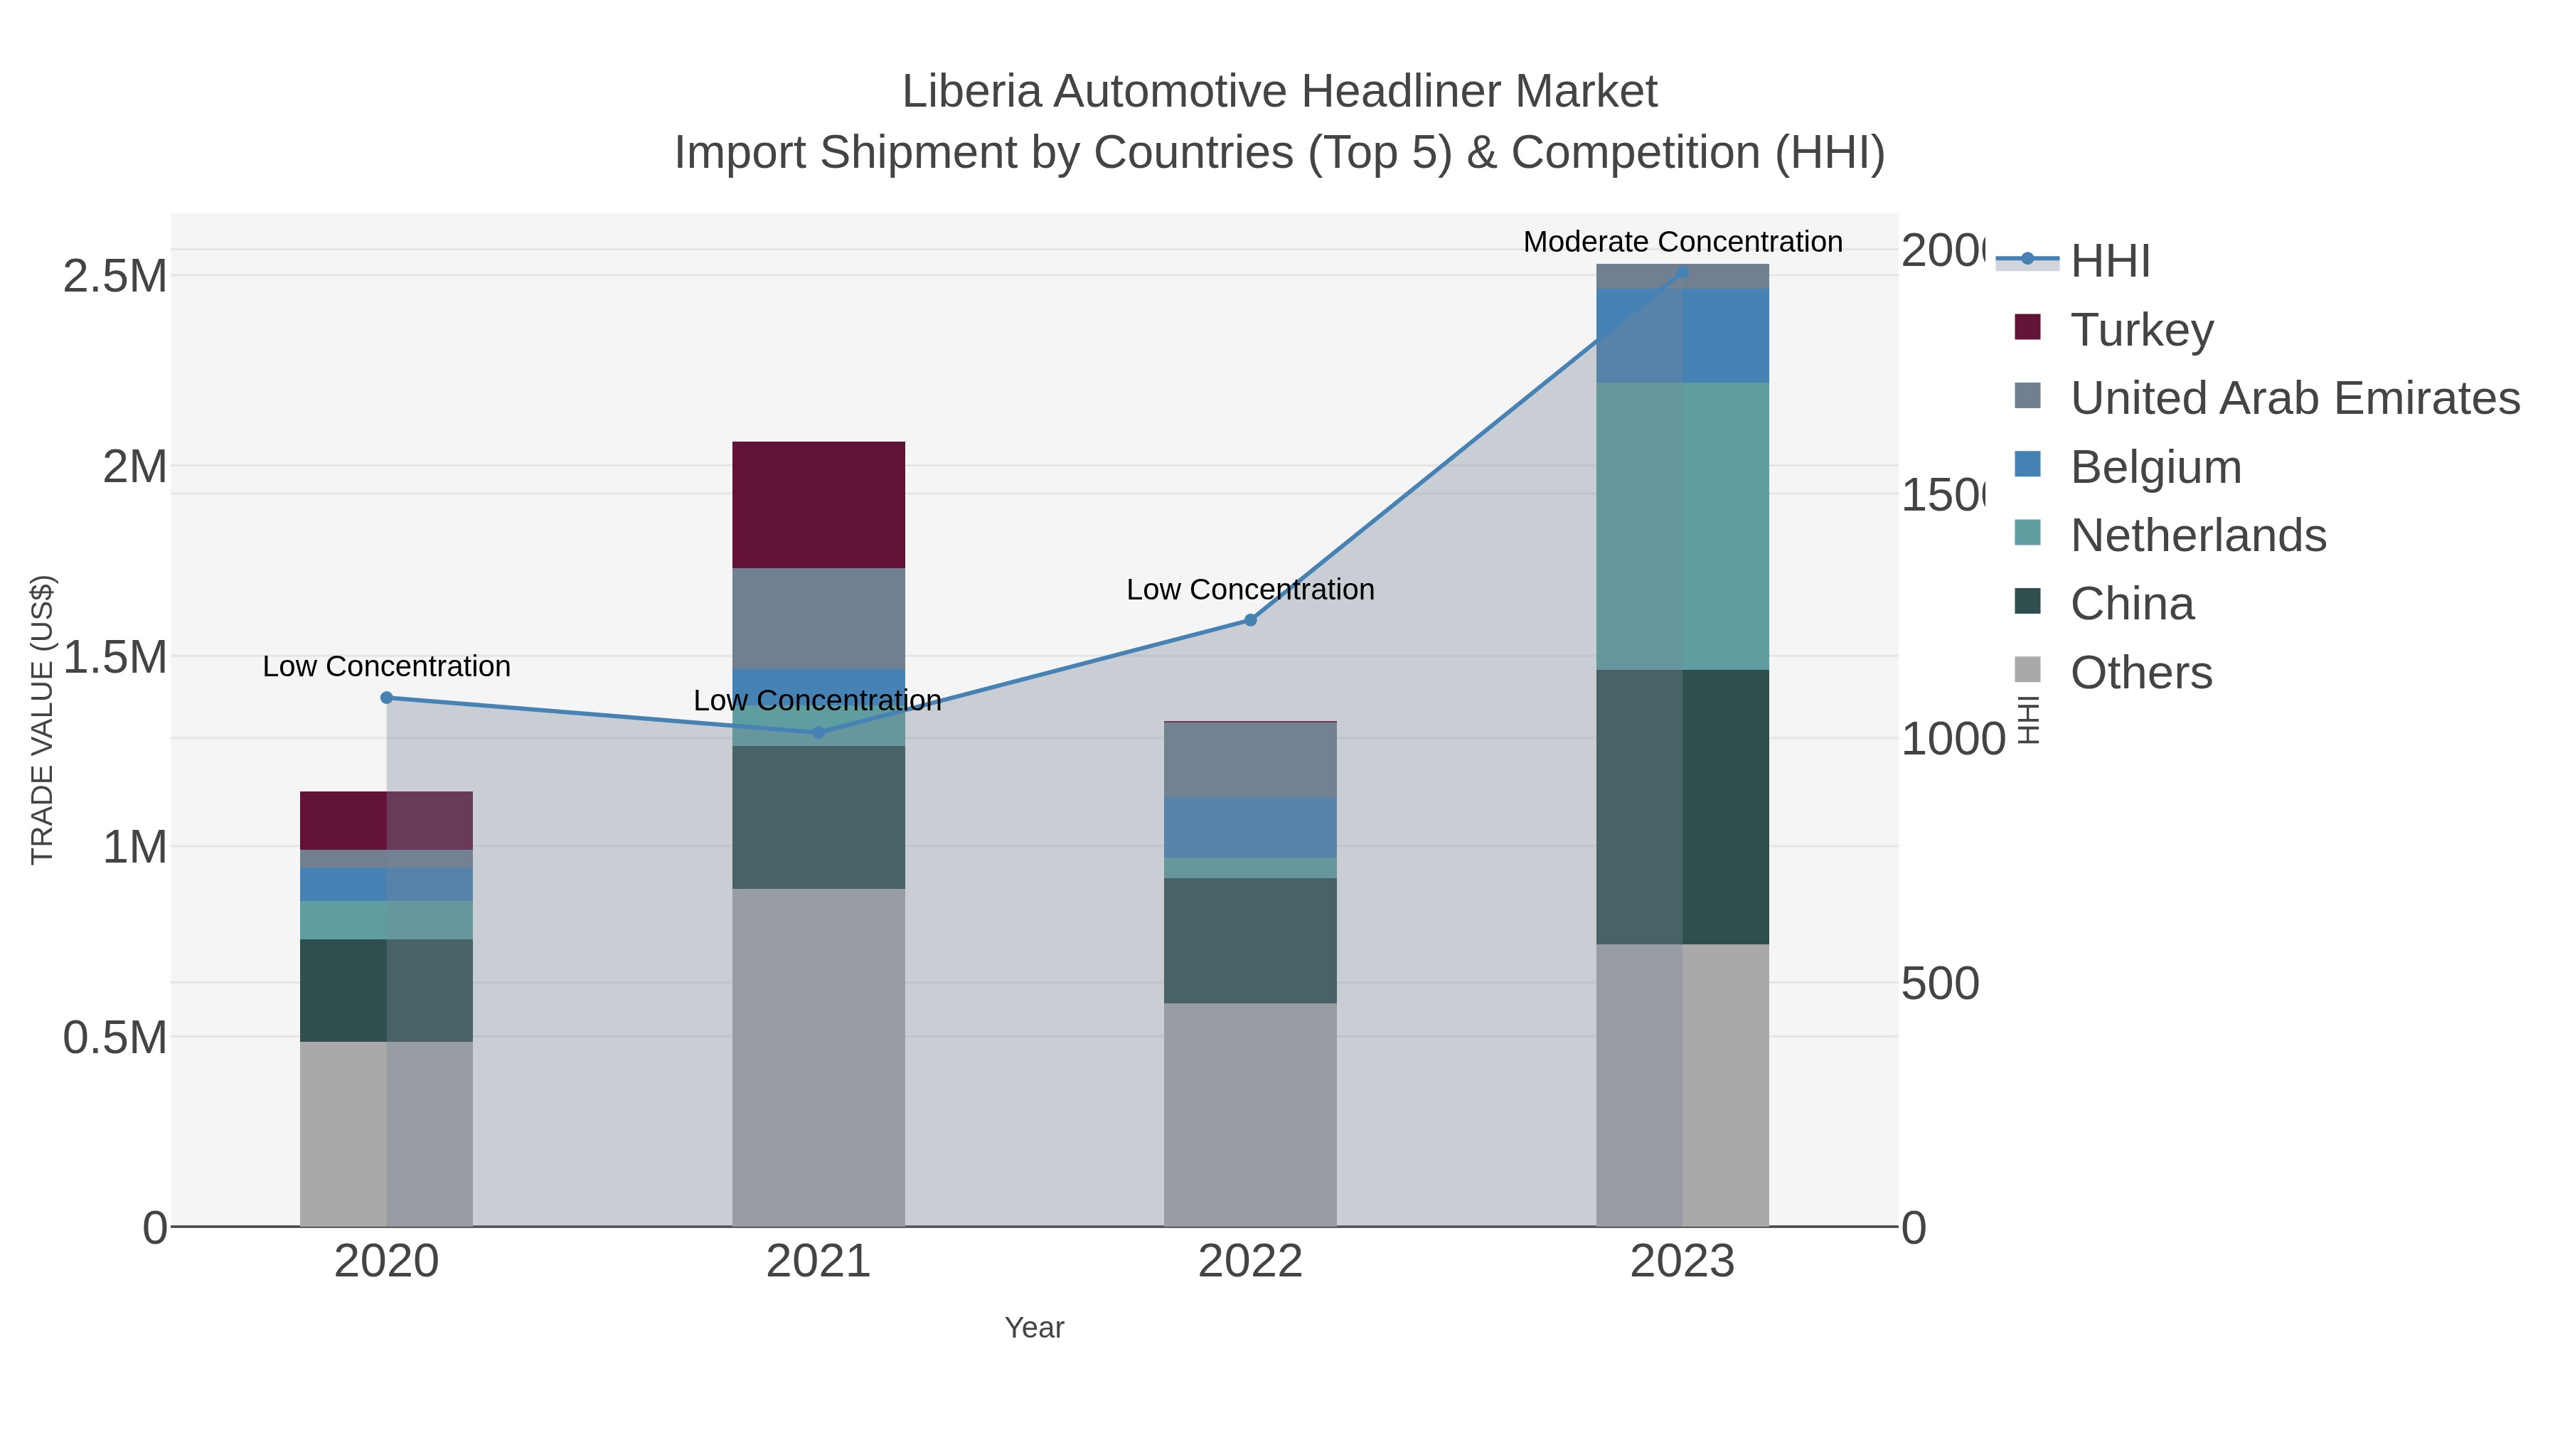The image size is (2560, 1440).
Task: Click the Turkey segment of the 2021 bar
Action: (x=818, y=505)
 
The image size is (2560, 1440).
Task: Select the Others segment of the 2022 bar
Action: (x=1250, y=1114)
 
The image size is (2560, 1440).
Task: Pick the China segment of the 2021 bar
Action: (x=818, y=817)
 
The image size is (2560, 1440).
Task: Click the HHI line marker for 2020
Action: (x=387, y=698)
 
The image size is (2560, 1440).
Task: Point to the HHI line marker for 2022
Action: (x=1250, y=620)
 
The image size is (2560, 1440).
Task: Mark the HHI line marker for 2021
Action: (x=818, y=732)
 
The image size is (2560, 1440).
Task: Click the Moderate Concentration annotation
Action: (x=1682, y=242)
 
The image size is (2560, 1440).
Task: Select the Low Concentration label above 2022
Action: (x=1250, y=590)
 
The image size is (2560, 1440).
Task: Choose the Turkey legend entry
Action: (x=2142, y=329)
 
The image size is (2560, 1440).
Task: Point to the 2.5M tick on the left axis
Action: (x=115, y=275)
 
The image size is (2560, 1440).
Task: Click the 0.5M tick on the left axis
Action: (x=115, y=1037)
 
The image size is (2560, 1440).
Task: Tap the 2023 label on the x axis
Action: (x=1682, y=1261)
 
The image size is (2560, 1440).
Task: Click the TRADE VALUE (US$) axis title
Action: (x=42, y=720)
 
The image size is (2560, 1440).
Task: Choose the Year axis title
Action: (x=1033, y=1328)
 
